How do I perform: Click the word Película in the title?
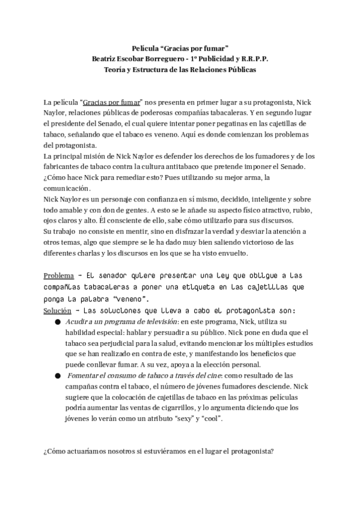pos(143,48)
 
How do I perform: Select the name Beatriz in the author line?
pos(105,59)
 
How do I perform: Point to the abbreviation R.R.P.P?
pos(254,59)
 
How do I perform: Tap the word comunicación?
pos(64,188)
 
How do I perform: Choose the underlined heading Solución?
pos(57,310)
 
